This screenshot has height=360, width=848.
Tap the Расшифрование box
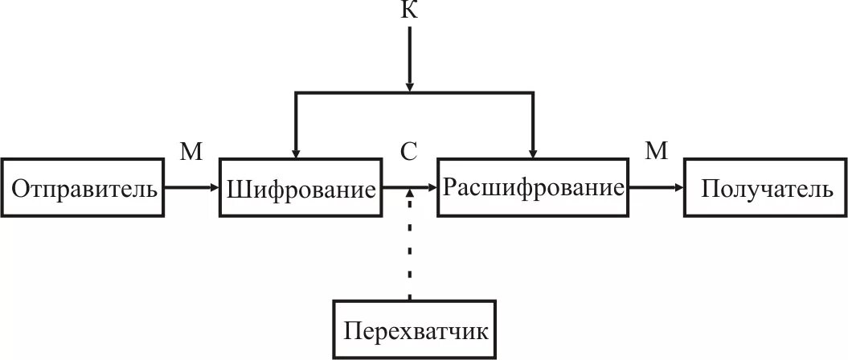tap(533, 187)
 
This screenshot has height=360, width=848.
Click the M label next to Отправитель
tap(190, 152)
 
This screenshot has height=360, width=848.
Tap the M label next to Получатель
tap(657, 152)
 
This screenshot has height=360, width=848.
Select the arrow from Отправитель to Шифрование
tap(191, 188)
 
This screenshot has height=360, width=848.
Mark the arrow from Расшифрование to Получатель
tap(656, 188)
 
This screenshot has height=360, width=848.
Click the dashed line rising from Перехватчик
tap(410, 249)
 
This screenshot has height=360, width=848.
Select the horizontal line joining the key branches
tap(354, 94)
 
